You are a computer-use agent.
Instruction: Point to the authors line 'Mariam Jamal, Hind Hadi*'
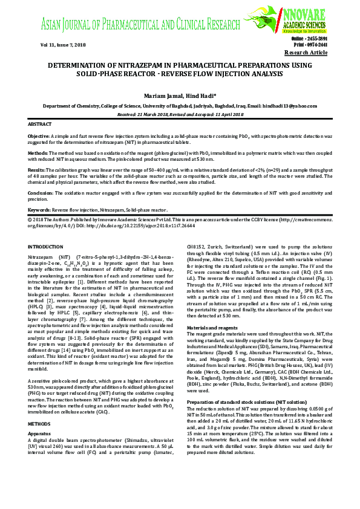tap(179, 96)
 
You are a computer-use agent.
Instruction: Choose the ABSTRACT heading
tap(40, 123)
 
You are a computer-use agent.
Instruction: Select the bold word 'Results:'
tap(38, 172)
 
